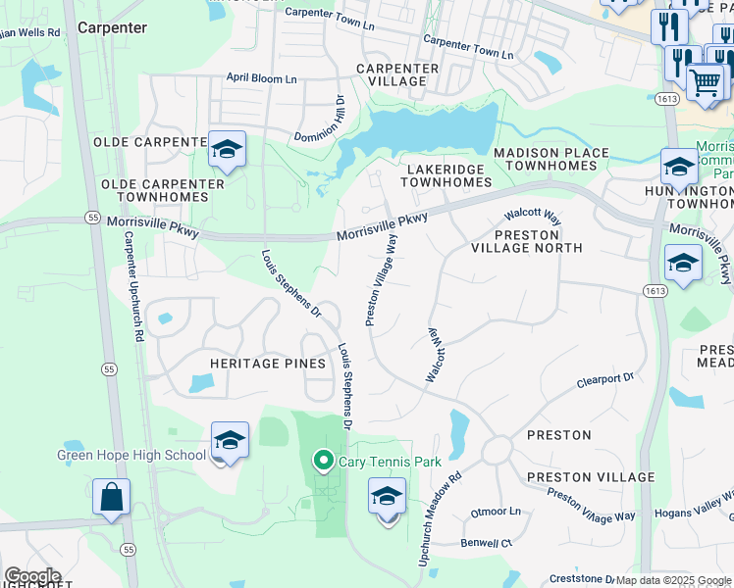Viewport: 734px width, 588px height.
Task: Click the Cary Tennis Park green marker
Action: point(322,460)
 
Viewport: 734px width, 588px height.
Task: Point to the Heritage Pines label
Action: point(268,364)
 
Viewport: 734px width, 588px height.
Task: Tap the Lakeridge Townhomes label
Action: point(445,176)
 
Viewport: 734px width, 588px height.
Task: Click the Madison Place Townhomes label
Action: point(550,160)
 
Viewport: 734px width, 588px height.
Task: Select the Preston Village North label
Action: point(528,241)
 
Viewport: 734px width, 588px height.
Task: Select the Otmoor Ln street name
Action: point(496,512)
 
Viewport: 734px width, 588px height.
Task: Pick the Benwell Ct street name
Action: point(487,542)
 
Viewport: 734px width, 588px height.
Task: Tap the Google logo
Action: point(32,576)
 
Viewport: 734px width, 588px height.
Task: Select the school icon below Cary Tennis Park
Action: point(388,497)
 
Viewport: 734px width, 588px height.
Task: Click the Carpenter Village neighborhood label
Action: point(397,74)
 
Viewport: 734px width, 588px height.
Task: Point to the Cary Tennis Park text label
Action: point(390,462)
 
